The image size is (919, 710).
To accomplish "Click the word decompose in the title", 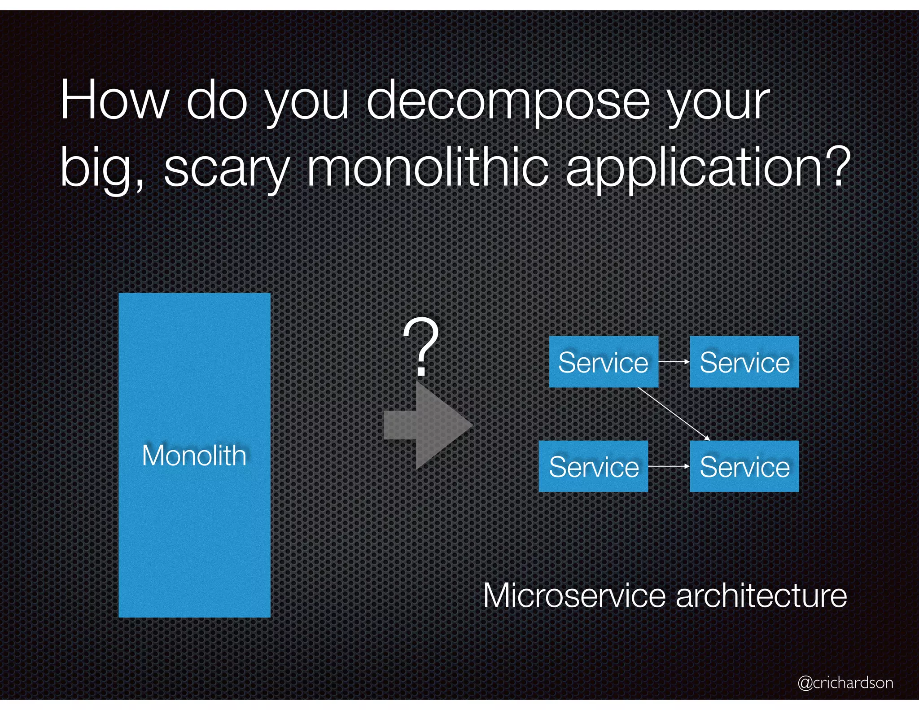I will pyautogui.click(x=508, y=101).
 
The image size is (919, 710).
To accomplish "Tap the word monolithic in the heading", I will pyautogui.click(x=427, y=168).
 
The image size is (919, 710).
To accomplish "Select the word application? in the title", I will pyautogui.click(x=708, y=168).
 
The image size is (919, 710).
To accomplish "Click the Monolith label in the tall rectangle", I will pyautogui.click(x=194, y=456).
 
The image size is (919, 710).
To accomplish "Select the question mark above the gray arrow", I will pyautogui.click(x=420, y=346).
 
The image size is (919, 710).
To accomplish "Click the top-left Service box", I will pyautogui.click(x=604, y=362).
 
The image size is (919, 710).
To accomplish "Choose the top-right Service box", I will pyautogui.click(x=744, y=362).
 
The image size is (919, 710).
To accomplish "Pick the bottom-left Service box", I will pyautogui.click(x=593, y=466).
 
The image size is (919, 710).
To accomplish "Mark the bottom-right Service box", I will pyautogui.click(x=744, y=466).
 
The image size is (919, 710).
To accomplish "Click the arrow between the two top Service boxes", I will pyautogui.click(x=674, y=361).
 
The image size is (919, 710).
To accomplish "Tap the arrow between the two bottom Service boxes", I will pyautogui.click(x=669, y=466).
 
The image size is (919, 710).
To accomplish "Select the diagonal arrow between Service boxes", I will pyautogui.click(x=673, y=413).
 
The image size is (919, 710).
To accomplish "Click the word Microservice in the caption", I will pyautogui.click(x=574, y=596).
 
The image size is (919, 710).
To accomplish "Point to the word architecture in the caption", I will pyautogui.click(x=761, y=596).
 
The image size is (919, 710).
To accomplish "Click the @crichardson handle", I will pyautogui.click(x=845, y=683).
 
